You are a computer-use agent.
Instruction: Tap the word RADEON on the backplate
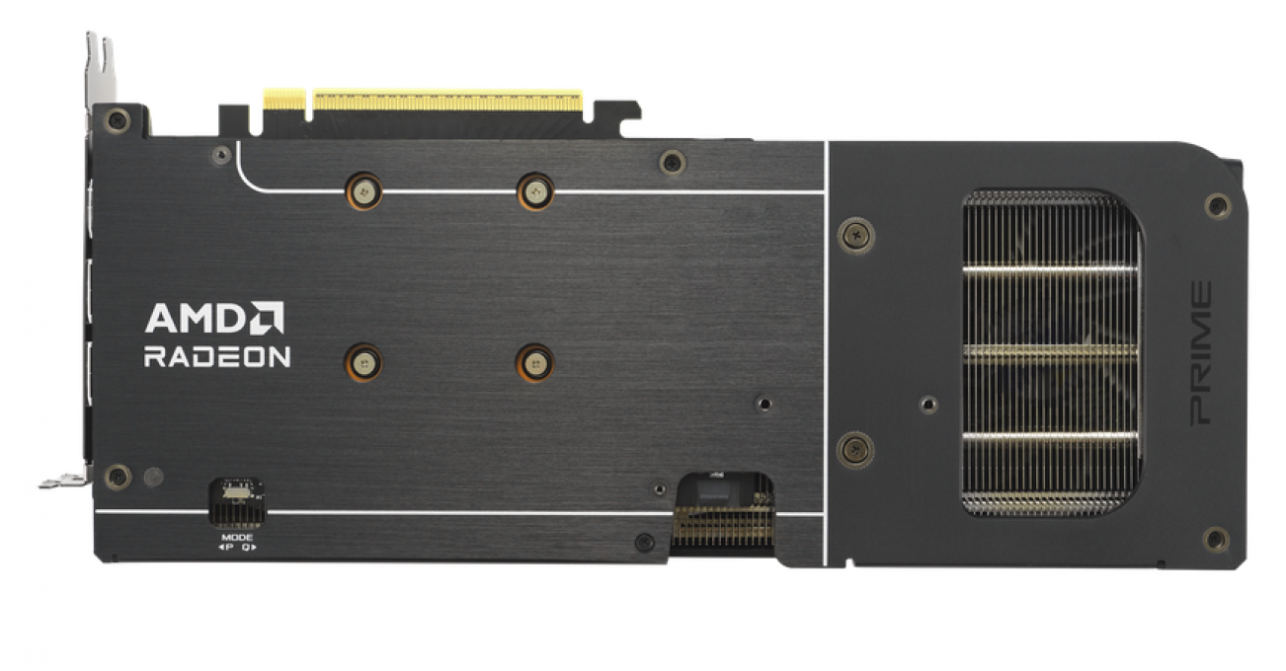(x=217, y=356)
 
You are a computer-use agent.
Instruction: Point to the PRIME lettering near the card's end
(x=1201, y=353)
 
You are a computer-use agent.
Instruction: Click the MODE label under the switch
(x=237, y=538)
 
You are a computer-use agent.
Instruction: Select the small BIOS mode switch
(x=236, y=491)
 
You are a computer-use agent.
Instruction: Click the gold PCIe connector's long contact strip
(x=447, y=101)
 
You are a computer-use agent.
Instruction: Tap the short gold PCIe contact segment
(x=284, y=100)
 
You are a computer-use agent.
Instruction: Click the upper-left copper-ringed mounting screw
(x=364, y=191)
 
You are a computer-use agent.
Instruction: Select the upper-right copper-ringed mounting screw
(x=535, y=192)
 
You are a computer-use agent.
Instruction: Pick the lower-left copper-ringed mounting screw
(x=363, y=362)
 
